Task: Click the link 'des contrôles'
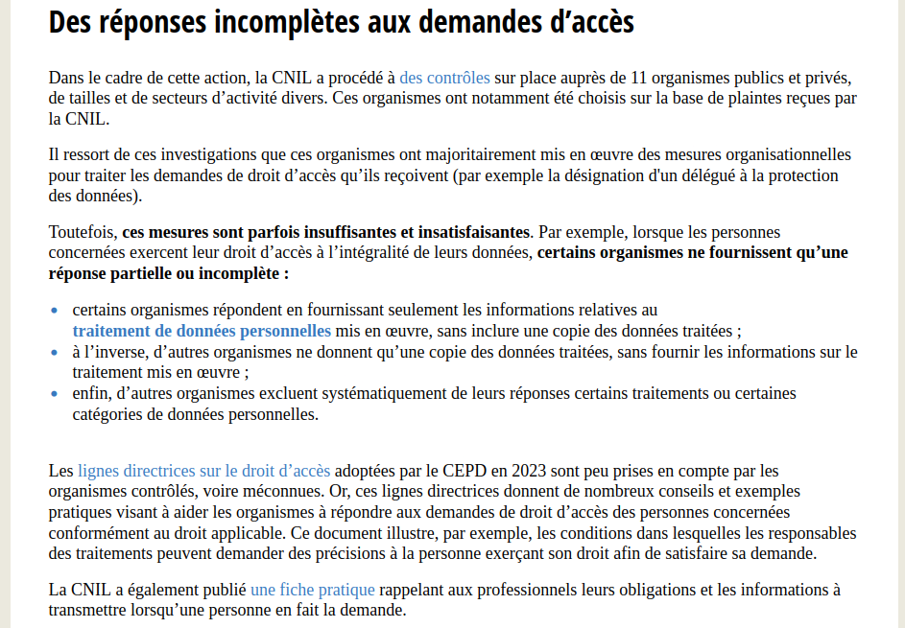coord(444,78)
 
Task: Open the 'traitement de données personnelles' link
coord(202,331)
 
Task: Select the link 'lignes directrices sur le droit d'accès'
coord(203,471)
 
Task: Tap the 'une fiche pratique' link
coord(312,590)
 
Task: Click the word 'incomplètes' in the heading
coord(285,21)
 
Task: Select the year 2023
coord(531,471)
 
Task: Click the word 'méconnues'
coord(286,491)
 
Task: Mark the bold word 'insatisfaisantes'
coord(473,232)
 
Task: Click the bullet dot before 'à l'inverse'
coord(54,352)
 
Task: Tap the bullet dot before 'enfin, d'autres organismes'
coord(54,393)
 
